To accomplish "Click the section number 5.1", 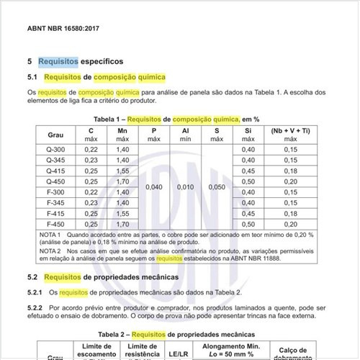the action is point(32,77).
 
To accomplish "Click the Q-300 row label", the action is point(55,148).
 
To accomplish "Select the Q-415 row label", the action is point(55,171).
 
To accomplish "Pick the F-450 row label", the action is point(55,224).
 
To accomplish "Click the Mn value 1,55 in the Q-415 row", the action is point(122,171).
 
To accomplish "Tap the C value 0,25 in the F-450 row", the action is point(91,224).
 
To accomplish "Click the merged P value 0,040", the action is point(153,186).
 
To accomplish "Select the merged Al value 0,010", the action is point(185,186).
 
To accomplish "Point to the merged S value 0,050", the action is point(217,186).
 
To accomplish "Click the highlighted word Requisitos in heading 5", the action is point(58,62).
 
